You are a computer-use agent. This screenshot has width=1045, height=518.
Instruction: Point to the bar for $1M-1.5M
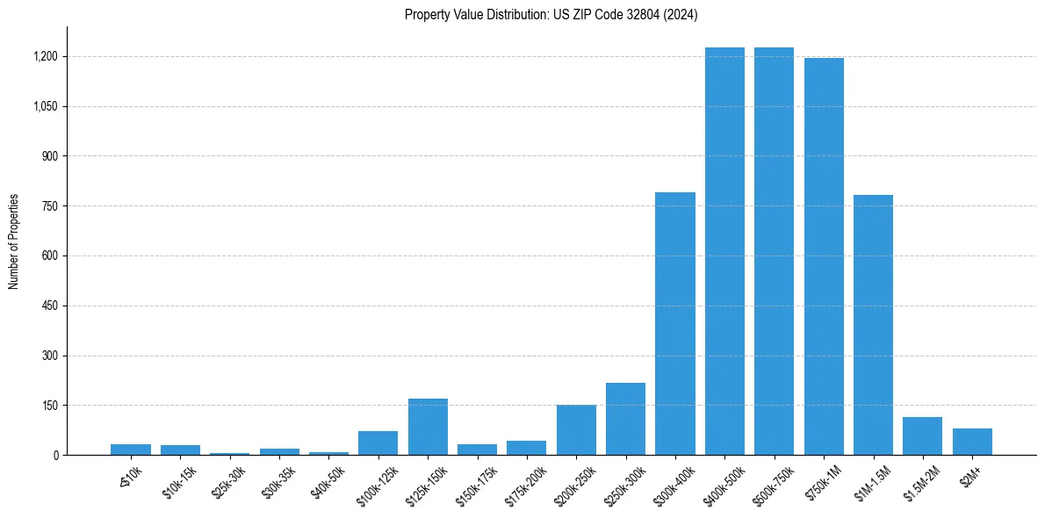(x=873, y=325)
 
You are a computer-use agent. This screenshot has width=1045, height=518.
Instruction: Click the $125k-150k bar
(x=428, y=427)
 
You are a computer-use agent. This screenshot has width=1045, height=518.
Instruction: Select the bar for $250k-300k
(x=625, y=419)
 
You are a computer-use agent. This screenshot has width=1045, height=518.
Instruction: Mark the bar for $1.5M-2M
(x=922, y=435)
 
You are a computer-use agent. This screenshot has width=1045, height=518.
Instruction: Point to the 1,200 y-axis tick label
(x=47, y=57)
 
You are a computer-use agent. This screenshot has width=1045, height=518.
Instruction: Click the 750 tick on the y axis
(x=51, y=206)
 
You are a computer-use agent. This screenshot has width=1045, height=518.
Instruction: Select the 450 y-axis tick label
(x=51, y=306)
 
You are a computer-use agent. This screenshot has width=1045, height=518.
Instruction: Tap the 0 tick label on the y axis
(x=55, y=456)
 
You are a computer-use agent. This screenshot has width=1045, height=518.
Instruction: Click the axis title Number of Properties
(x=13, y=241)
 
